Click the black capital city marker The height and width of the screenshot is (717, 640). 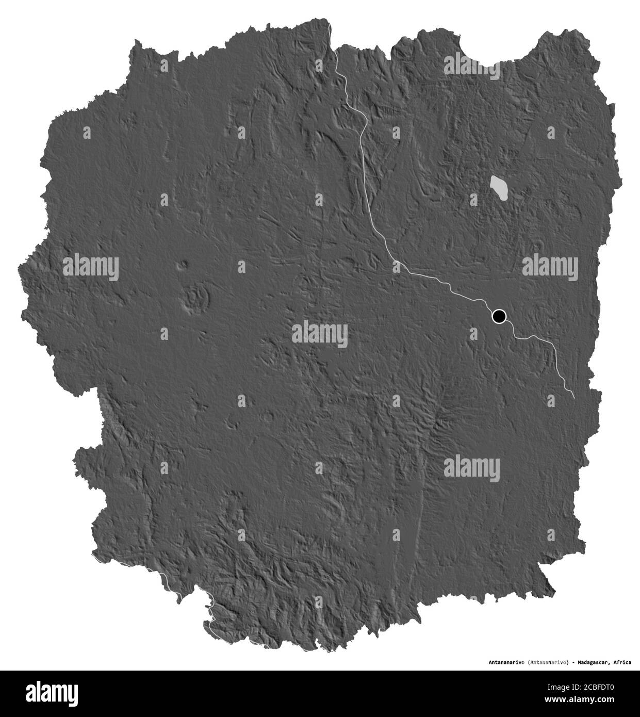click(499, 316)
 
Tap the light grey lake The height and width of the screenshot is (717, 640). click(499, 189)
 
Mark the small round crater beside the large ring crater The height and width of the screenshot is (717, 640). click(182, 266)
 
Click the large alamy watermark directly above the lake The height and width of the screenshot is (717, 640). click(471, 64)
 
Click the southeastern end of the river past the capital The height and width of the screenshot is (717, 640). click(573, 396)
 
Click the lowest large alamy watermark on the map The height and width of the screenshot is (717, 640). click(471, 467)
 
